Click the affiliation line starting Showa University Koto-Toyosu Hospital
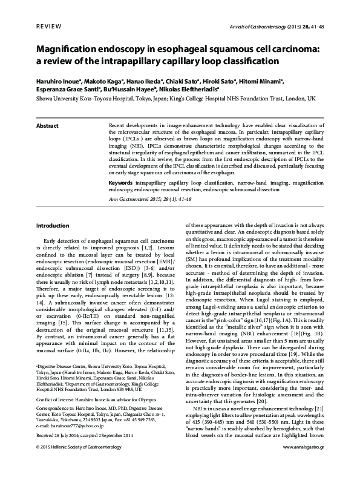click(175, 97)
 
